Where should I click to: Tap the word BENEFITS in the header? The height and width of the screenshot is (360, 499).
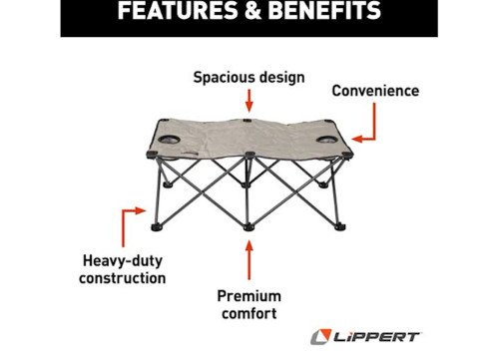(x=318, y=12)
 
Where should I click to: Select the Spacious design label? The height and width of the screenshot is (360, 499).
(x=249, y=76)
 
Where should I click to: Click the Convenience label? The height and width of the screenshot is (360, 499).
(x=374, y=91)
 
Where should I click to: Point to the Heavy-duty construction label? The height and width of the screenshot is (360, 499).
(x=123, y=269)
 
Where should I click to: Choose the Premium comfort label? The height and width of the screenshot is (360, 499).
(x=249, y=305)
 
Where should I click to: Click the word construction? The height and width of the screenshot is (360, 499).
(x=123, y=278)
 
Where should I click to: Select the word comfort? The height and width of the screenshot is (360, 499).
(x=249, y=314)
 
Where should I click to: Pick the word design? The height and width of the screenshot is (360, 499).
(x=280, y=76)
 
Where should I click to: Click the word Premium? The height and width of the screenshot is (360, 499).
(x=249, y=296)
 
